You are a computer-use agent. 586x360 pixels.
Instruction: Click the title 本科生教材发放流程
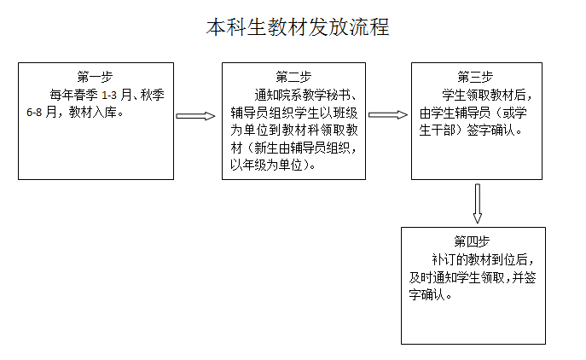298,27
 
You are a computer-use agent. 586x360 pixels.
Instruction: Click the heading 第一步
95,77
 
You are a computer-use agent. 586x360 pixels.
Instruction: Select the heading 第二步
293,77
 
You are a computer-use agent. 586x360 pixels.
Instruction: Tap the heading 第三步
475,77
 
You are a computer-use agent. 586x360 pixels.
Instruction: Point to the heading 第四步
472,241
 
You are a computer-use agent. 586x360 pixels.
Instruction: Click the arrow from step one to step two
195,116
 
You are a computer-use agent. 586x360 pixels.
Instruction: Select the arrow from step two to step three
388,115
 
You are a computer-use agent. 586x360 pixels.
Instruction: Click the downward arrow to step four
478,203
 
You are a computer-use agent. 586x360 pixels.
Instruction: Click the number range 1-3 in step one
109,96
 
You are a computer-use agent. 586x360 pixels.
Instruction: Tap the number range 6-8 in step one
34,113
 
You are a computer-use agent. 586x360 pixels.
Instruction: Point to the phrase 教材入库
93,112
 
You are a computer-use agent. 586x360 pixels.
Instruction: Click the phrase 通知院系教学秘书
302,95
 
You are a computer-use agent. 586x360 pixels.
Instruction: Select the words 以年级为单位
266,165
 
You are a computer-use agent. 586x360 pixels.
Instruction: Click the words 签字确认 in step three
490,130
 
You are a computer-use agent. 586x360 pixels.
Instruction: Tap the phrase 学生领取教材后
484,95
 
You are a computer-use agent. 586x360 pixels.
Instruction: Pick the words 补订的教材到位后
479,259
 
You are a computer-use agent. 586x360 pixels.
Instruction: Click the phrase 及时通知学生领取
456,277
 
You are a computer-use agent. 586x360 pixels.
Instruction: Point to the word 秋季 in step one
152,95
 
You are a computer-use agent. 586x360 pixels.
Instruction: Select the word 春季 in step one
85,95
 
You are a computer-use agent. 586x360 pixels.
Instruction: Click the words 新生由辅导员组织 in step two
302,148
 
